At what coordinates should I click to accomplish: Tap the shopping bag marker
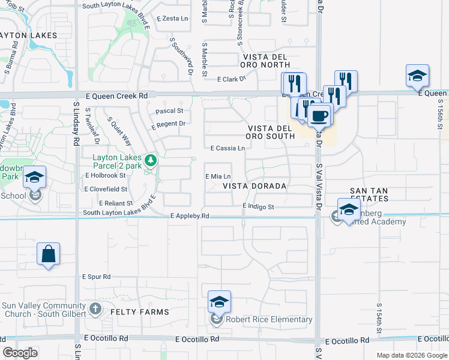48,254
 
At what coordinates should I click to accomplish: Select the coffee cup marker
320,115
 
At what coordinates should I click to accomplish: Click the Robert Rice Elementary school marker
219,302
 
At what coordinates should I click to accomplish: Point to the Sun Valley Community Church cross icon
95,310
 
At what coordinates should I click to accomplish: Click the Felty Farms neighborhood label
139,313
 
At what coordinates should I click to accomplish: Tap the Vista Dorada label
255,186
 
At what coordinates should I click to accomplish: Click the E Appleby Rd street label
190,216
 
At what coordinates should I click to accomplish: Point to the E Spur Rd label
98,277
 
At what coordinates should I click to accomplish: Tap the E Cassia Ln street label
228,148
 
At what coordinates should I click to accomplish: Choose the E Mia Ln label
218,177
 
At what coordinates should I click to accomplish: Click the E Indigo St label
258,207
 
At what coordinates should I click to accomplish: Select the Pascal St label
169,111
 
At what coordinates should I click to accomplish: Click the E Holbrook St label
106,176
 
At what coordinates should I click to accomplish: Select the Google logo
20,353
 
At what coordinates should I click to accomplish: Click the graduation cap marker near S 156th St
417,76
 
